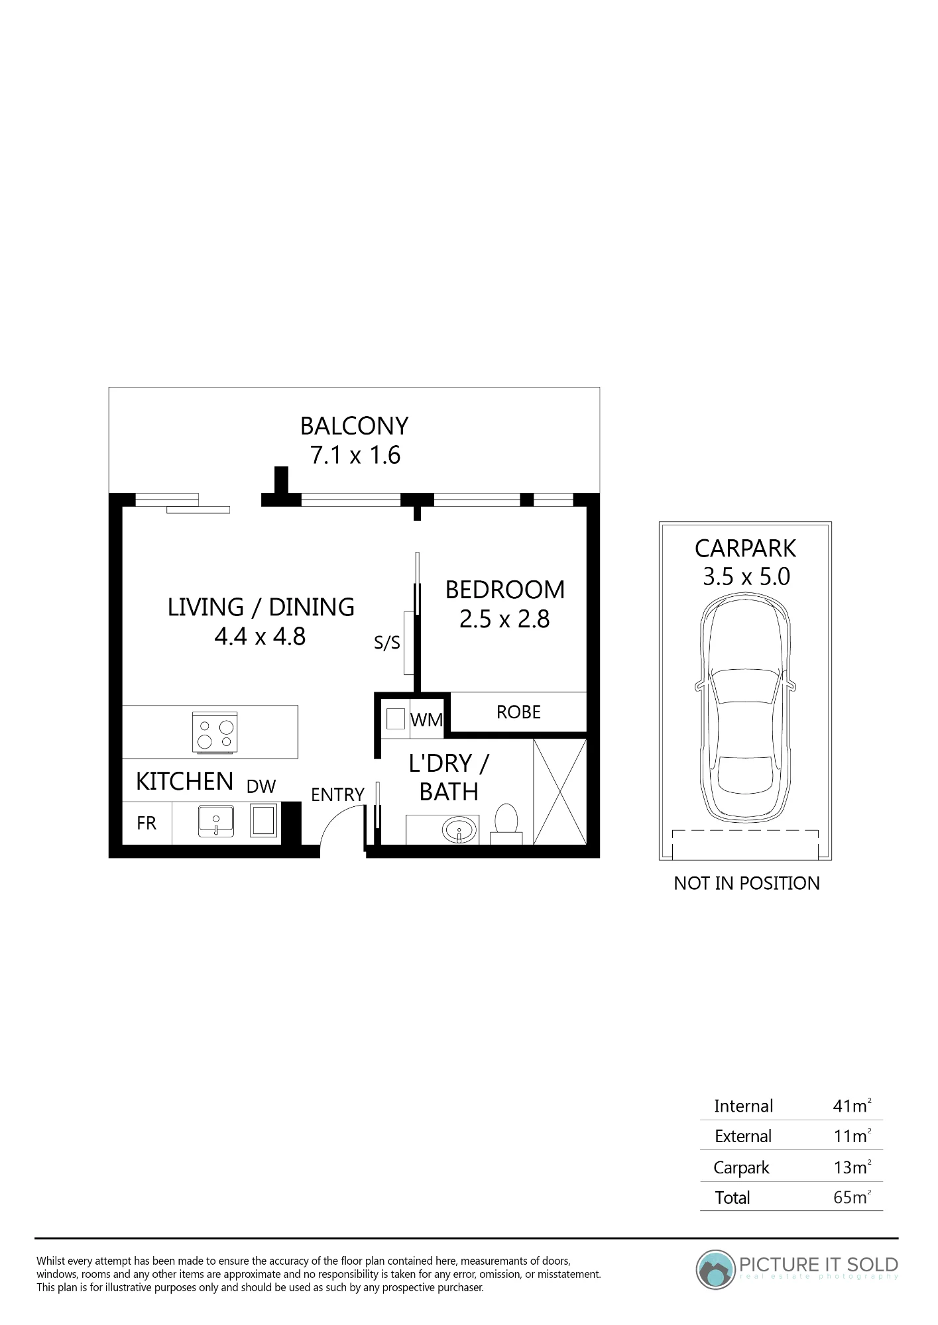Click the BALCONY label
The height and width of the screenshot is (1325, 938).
click(x=354, y=426)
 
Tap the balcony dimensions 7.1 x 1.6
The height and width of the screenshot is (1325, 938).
click(x=355, y=455)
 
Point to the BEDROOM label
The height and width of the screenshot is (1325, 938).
click(x=505, y=590)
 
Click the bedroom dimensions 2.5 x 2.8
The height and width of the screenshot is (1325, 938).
click(x=504, y=619)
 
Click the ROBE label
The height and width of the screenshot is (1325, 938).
click(x=518, y=712)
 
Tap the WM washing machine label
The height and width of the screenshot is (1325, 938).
click(x=426, y=720)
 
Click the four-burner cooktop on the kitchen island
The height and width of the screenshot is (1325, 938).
click(x=215, y=733)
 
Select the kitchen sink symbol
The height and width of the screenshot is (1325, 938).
click(x=216, y=821)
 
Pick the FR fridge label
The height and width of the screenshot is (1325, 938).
click(x=147, y=823)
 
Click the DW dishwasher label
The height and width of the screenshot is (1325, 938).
click(x=261, y=786)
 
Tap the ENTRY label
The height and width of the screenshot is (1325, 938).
click(x=337, y=794)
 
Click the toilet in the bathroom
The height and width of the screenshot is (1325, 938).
click(x=506, y=824)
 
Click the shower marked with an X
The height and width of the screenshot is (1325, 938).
click(x=559, y=792)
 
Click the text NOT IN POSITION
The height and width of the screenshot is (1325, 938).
click(x=746, y=883)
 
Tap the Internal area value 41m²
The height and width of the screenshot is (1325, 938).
click(x=852, y=1106)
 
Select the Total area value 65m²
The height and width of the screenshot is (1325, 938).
click(x=852, y=1197)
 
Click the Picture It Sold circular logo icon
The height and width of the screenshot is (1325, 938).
click(x=716, y=1270)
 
